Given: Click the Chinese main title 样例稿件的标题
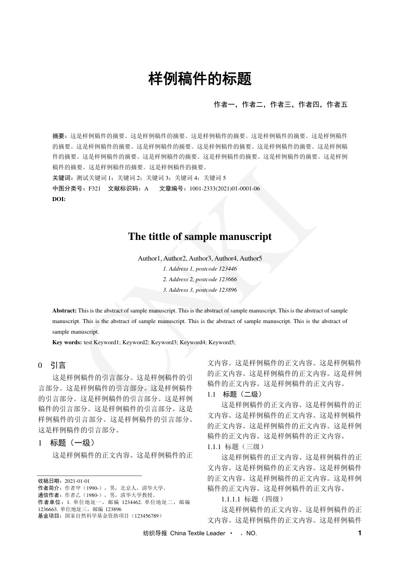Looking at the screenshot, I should tap(199, 79).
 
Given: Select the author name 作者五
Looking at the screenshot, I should tap(337, 105).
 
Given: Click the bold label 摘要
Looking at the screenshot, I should tap(59, 136).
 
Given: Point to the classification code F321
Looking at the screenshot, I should tap(94, 188).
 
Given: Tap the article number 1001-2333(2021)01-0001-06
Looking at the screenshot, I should tap(225, 188).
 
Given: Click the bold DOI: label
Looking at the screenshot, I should tap(59, 199).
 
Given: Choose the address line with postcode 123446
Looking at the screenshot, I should tap(200, 269).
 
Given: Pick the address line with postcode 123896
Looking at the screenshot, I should tap(200, 290).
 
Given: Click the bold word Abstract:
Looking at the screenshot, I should tap(64, 311).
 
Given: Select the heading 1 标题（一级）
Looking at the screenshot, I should tap(66, 443).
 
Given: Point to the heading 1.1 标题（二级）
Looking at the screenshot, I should tap(234, 394).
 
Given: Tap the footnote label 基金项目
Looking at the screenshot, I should tap(50, 516).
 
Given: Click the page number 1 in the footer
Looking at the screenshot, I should tap(359, 533).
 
